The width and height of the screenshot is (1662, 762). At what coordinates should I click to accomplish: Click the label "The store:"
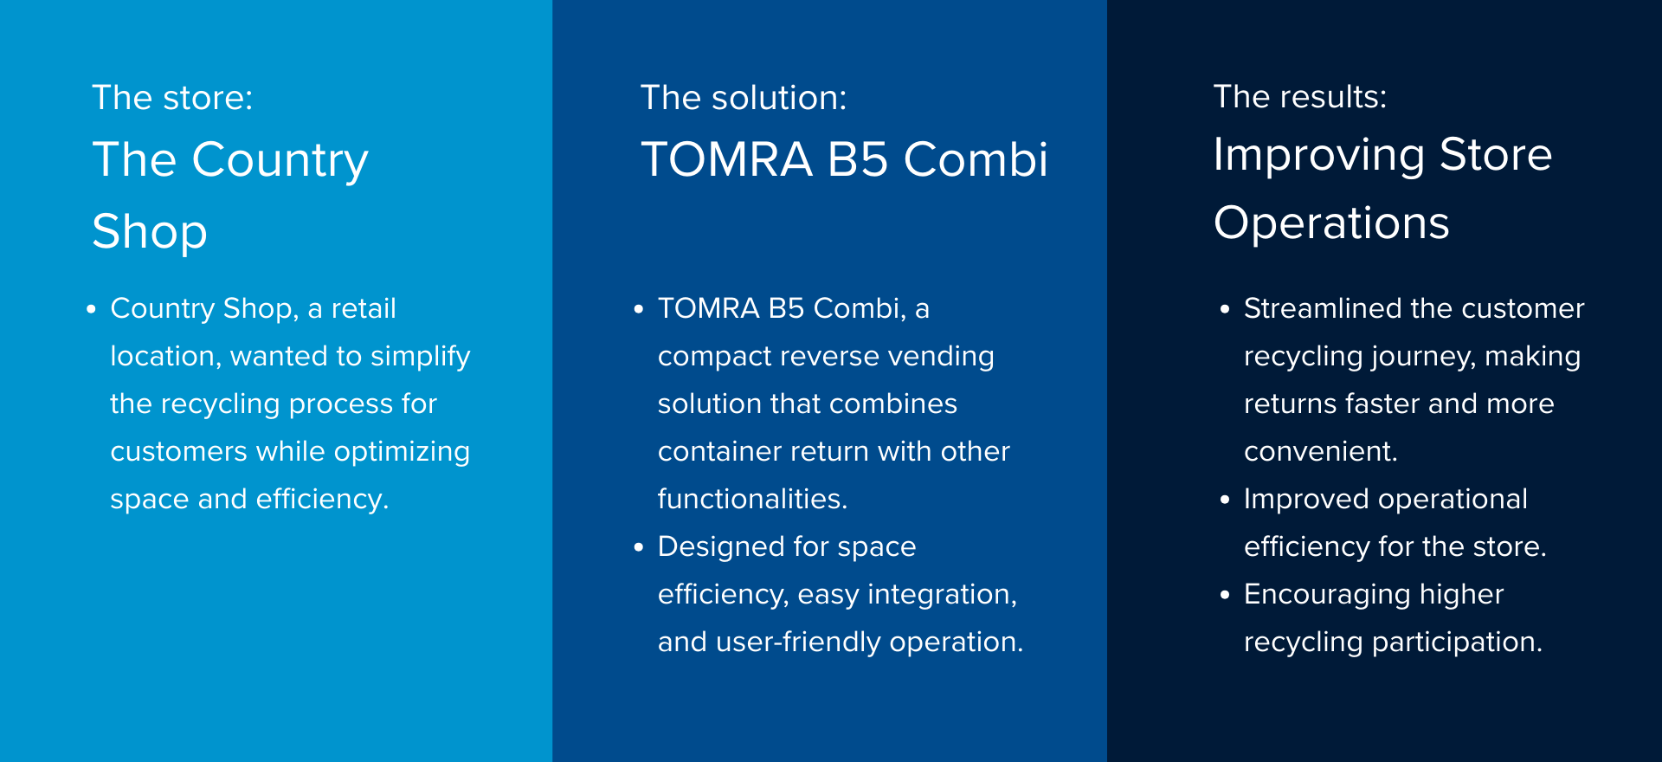pyautogui.click(x=172, y=98)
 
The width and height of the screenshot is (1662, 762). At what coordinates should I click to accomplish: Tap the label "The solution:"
pyautogui.click(x=744, y=98)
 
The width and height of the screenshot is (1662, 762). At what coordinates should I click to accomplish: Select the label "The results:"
pyautogui.click(x=1300, y=97)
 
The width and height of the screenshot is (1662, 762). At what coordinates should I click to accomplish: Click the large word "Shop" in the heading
pyautogui.click(x=150, y=232)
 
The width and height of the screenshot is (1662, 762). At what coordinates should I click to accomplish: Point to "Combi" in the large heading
pyautogui.click(x=976, y=160)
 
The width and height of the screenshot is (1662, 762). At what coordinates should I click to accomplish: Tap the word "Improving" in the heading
pyautogui.click(x=1319, y=157)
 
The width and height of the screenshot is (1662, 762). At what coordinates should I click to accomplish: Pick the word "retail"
pyautogui.click(x=364, y=308)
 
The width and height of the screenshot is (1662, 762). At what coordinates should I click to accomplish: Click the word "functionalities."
pyautogui.click(x=753, y=499)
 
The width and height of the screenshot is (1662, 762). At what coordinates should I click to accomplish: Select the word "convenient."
pyautogui.click(x=1321, y=452)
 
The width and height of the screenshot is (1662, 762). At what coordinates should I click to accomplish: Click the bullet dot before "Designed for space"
pyautogui.click(x=639, y=547)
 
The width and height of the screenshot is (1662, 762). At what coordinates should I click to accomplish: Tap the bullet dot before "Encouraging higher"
pyautogui.click(x=1225, y=595)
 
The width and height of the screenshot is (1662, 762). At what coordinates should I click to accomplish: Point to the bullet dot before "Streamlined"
pyautogui.click(x=1225, y=309)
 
